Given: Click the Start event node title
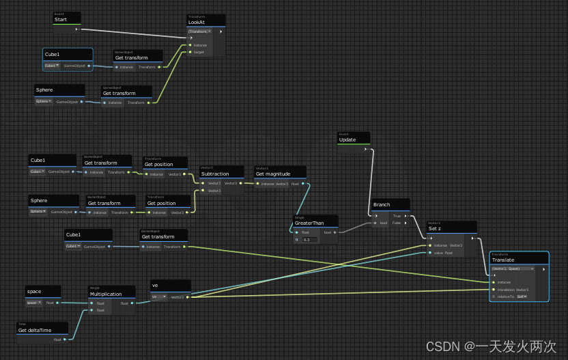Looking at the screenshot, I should point(60,20).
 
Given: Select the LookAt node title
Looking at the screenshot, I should point(197,23).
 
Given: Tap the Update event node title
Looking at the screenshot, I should point(347,140).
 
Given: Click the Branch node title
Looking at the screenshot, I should point(382,205).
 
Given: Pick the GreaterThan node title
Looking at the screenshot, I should point(309,223).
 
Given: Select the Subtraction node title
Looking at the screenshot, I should point(215,174).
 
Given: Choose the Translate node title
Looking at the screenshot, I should point(503,260).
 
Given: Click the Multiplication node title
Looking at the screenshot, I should point(105,294).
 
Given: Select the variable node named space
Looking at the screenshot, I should point(34,292).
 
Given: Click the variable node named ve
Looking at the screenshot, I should point(156,286).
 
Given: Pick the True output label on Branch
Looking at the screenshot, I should point(397,216).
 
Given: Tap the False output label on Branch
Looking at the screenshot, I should point(396,223).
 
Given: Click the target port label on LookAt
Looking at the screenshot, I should point(199,52).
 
